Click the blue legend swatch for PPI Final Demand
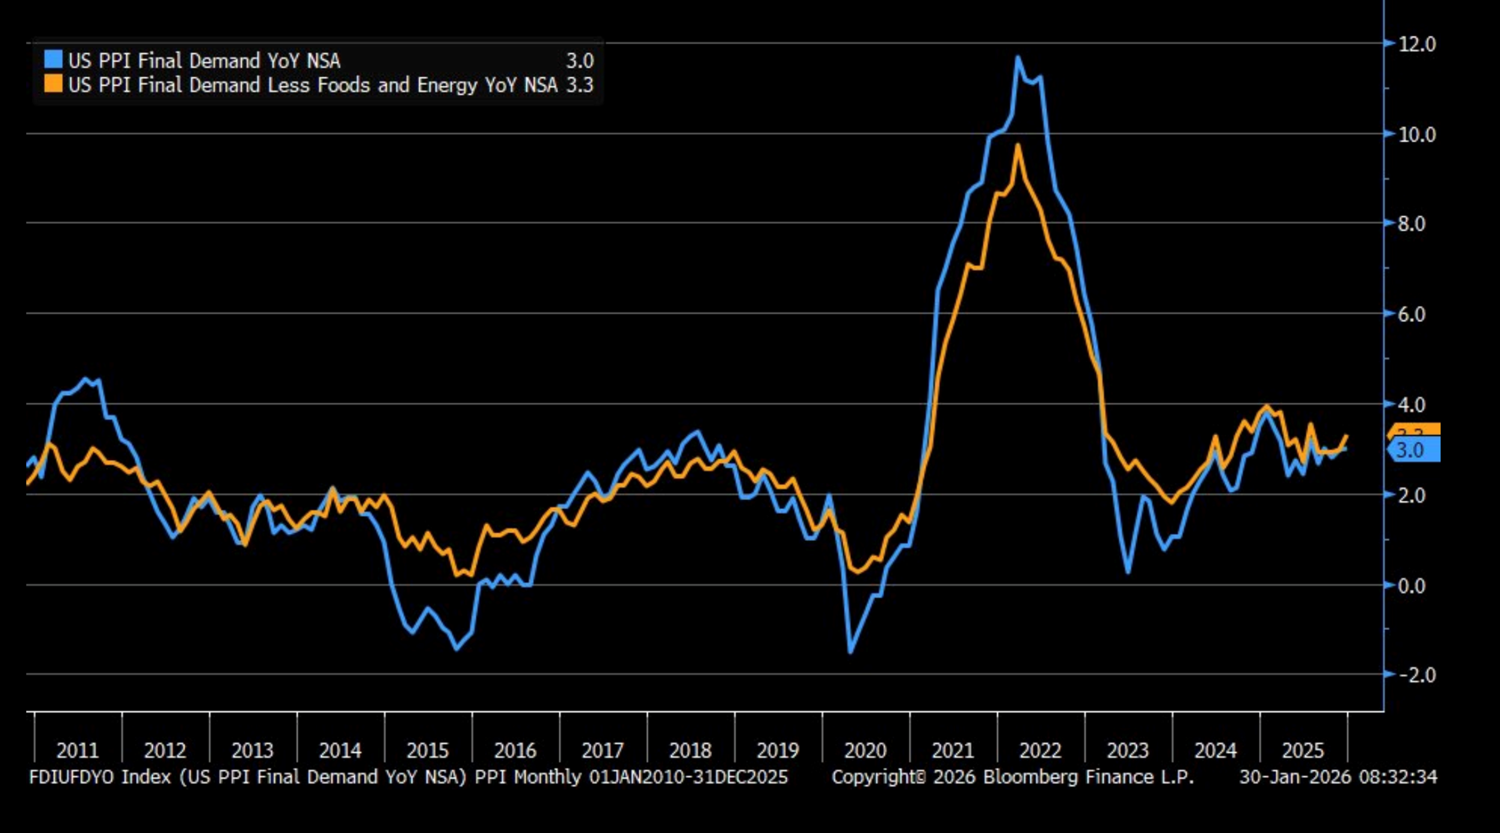click(53, 59)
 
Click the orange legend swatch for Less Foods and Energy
click(53, 84)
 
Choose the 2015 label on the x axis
click(427, 750)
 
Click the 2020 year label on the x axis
click(865, 750)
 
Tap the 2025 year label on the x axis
click(1303, 750)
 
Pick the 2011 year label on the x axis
click(77, 750)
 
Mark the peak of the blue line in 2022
click(1018, 57)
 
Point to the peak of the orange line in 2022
click(1018, 145)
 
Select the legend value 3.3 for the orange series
click(579, 86)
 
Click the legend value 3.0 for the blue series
click(579, 61)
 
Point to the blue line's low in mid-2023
click(1128, 572)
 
